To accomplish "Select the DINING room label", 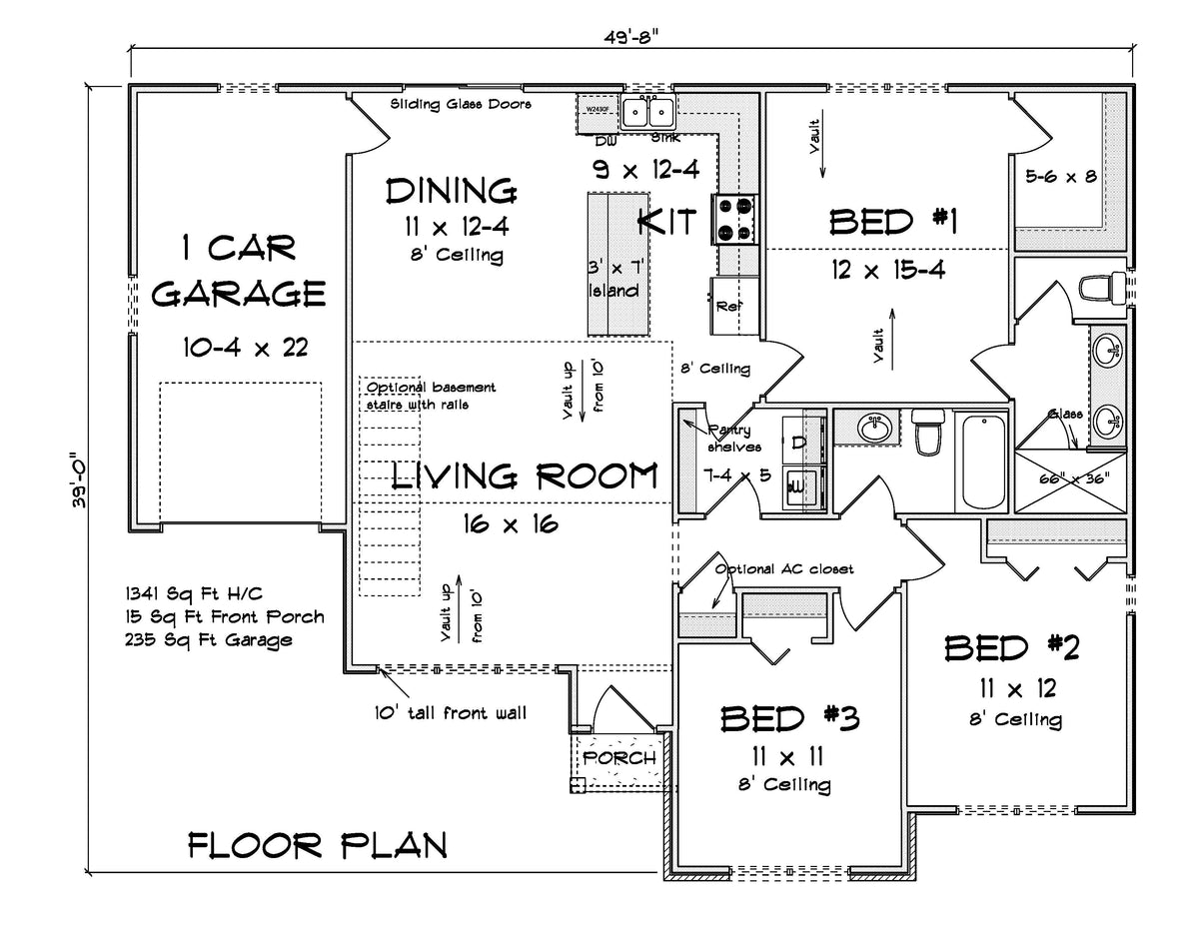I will click(x=451, y=190).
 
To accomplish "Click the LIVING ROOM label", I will click(x=525, y=476).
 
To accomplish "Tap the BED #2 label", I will click(x=1012, y=648).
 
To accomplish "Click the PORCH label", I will click(x=619, y=758).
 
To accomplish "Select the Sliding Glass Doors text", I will click(x=461, y=104).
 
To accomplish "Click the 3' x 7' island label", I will click(x=612, y=280).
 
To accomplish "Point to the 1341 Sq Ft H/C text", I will click(x=194, y=592).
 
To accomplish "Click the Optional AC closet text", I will click(x=784, y=568).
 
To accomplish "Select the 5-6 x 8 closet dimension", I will click(x=1060, y=177).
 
